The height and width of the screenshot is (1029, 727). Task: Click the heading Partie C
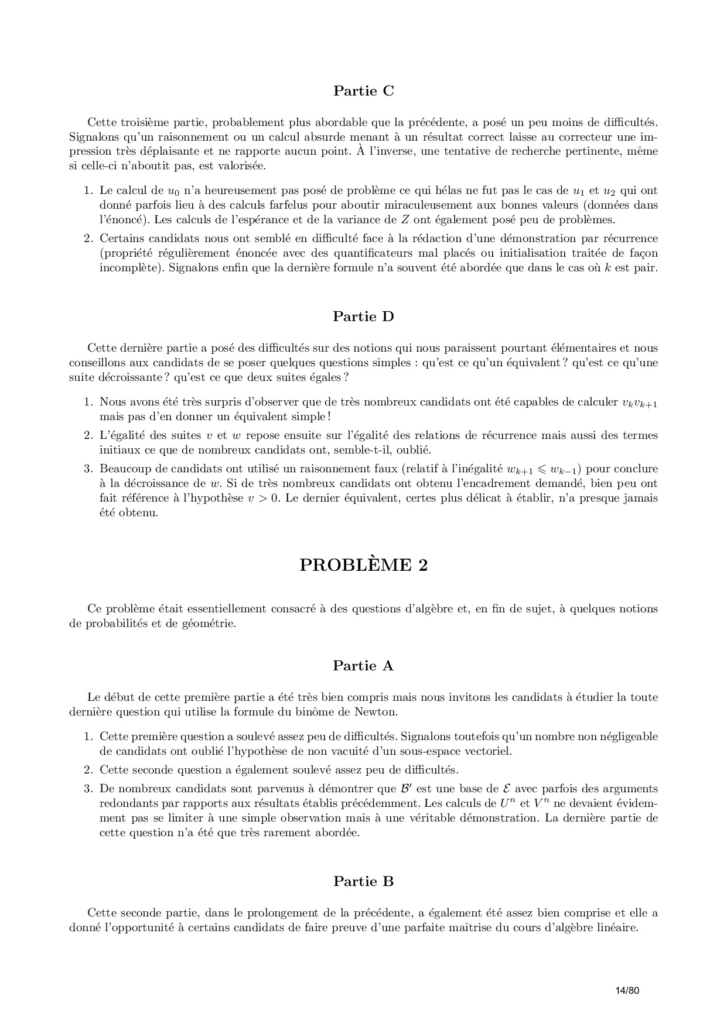pyautogui.click(x=363, y=91)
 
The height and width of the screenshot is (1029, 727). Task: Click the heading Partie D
pyautogui.click(x=363, y=316)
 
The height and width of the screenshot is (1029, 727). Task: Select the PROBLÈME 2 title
pyautogui.click(x=363, y=565)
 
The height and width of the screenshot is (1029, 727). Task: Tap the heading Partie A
pyautogui.click(x=363, y=666)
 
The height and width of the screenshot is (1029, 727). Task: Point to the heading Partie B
pyautogui.click(x=363, y=881)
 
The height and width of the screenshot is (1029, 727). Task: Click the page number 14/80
pyautogui.click(x=627, y=990)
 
